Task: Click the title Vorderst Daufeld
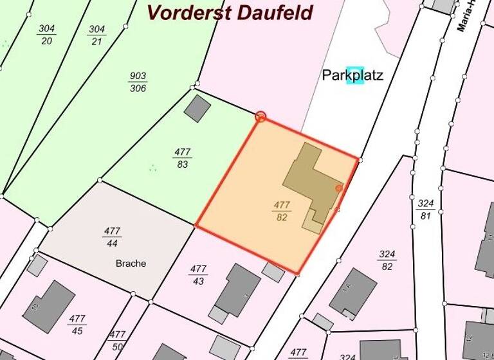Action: coord(230,12)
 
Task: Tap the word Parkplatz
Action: coord(352,75)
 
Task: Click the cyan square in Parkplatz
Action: coord(355,75)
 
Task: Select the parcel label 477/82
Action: coord(282,212)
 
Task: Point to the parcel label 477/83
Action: coord(182,158)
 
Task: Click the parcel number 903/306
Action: coord(138,82)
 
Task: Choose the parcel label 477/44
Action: coord(112,237)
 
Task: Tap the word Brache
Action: coord(131,263)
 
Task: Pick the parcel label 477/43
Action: coord(198,274)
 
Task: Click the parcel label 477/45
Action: coord(77,324)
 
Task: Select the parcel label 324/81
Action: coord(425,210)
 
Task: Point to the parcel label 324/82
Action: coord(387,260)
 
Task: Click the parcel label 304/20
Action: coord(46,35)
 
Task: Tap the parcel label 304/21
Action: coord(96,35)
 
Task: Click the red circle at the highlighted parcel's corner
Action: coord(261,116)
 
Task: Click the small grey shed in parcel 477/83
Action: coord(197,108)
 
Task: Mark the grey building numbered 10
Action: coord(49,306)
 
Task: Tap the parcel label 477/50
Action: coord(117,339)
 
